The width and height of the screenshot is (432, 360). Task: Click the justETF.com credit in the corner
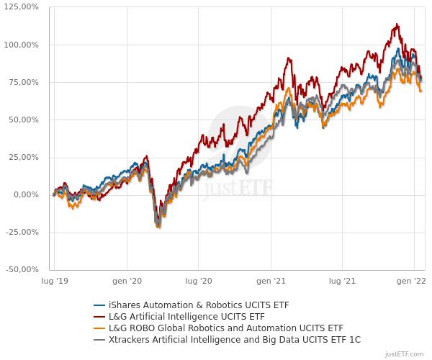(405, 354)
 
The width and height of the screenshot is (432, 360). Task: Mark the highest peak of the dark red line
(397, 24)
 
